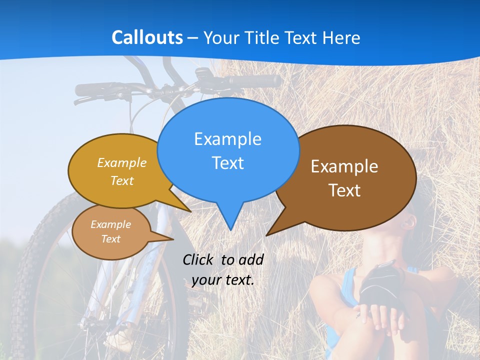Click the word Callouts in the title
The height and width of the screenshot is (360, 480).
147,37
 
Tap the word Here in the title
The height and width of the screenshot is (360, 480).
341,37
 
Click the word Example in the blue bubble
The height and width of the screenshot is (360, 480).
227,139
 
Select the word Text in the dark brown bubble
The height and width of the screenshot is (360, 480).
344,190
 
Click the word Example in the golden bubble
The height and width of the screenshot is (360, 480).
122,163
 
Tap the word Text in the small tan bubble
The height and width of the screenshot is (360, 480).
110,239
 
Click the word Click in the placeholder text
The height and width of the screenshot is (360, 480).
198,259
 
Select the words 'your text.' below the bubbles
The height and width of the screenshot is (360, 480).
223,280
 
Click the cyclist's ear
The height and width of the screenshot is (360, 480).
409,220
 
